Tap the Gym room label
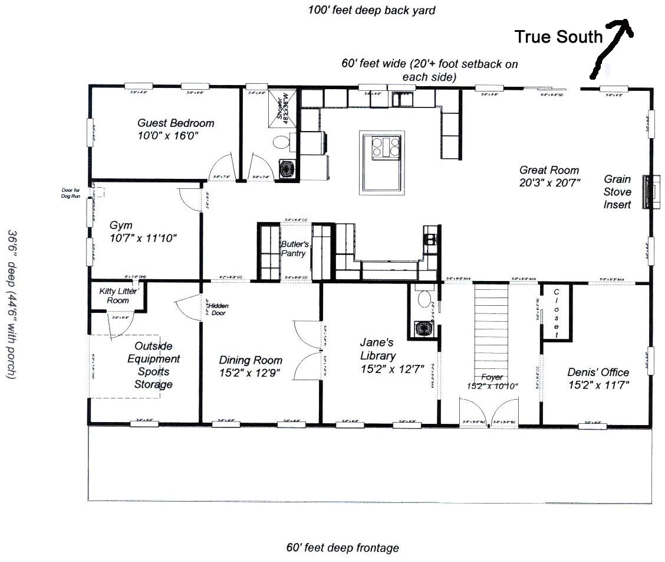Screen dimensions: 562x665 (x=121, y=225)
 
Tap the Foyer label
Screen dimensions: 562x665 (x=492, y=377)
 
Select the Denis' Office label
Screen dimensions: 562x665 (x=598, y=372)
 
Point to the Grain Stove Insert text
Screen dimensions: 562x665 (x=617, y=192)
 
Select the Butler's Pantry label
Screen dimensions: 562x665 (x=294, y=249)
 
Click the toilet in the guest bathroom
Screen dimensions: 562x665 (x=281, y=142)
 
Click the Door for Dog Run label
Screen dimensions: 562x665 (x=71, y=193)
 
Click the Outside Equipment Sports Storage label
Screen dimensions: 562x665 (x=154, y=365)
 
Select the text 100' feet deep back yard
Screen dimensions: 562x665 (x=371, y=10)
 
